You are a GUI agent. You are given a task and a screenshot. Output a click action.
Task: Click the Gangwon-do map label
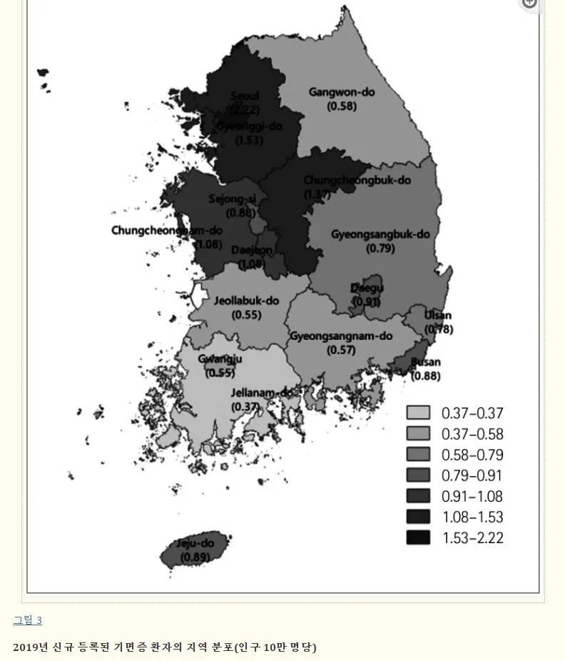[x=342, y=92]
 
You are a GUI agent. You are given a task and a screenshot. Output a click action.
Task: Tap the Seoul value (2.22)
[x=245, y=110]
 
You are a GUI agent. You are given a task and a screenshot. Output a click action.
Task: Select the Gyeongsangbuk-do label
[x=380, y=234]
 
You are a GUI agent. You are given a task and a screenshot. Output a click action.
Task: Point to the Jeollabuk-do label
[x=246, y=301]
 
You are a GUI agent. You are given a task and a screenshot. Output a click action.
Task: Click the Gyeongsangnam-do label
[x=341, y=336]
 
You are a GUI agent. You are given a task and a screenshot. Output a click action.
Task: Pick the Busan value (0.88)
[x=426, y=376]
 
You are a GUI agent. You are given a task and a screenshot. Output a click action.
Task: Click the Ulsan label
[x=437, y=316]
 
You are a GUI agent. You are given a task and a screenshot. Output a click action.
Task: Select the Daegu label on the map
[x=367, y=288]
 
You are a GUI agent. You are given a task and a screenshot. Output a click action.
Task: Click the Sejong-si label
[x=232, y=199]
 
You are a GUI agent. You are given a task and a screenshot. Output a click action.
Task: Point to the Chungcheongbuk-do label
[x=357, y=181]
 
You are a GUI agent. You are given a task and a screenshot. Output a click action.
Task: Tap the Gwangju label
[x=220, y=359]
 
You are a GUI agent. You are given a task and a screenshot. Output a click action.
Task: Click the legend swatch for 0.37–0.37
[x=418, y=413]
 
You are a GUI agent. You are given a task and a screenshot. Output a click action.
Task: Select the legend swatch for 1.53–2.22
[x=418, y=538]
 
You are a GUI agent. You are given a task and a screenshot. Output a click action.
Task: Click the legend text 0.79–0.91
[x=472, y=475]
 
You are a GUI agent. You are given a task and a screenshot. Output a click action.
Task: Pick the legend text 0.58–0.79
[x=472, y=455]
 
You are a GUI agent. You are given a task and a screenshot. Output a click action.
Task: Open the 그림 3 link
[x=27, y=620]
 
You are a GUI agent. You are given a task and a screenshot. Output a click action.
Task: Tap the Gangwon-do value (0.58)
[x=342, y=106]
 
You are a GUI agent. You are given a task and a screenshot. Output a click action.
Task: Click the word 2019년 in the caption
[x=31, y=647]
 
